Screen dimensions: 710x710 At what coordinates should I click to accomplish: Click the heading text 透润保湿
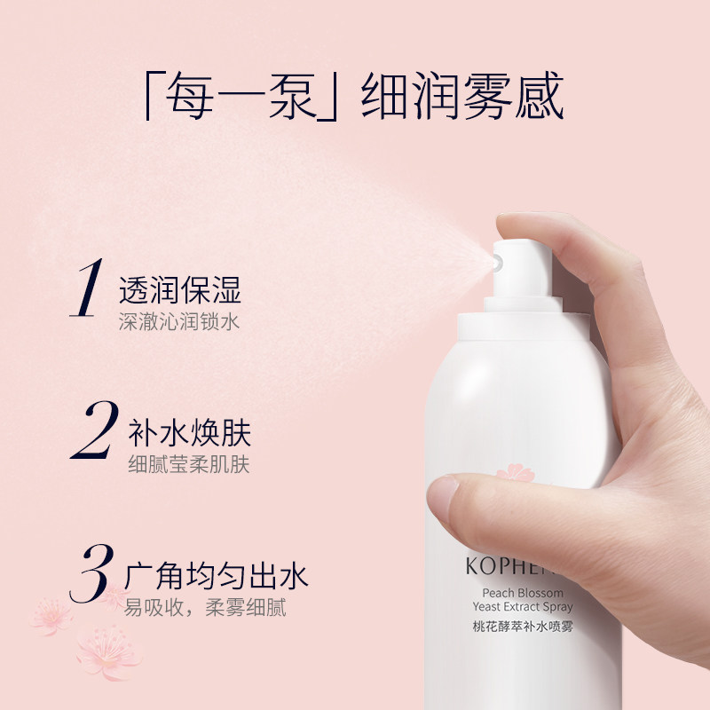tap(180, 290)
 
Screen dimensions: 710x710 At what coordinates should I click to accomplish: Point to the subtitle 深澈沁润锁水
tap(180, 320)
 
